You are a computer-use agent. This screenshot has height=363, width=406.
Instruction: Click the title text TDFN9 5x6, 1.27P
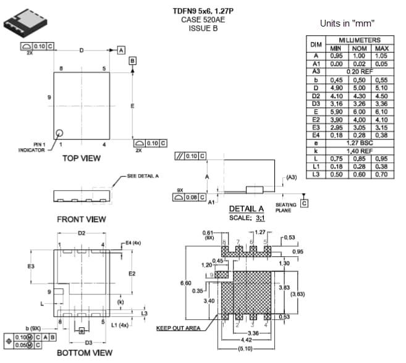pyautogui.click(x=203, y=10)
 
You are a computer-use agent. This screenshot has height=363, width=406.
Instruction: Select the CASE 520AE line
pyautogui.click(x=203, y=19)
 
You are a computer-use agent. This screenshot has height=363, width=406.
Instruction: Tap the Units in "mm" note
pyautogui.click(x=347, y=23)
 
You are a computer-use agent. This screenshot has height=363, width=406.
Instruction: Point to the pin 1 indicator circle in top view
pyautogui.click(x=61, y=133)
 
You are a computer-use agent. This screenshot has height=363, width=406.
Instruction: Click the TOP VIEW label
pyautogui.click(x=81, y=159)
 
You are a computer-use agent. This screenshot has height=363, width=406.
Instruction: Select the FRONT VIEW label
pyautogui.click(x=81, y=219)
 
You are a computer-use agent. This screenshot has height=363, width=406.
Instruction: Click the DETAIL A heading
pyautogui.click(x=246, y=209)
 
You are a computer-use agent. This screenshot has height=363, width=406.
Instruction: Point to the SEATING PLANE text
pyautogui.click(x=285, y=208)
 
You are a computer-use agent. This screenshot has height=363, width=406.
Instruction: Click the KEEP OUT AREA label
pyautogui.click(x=177, y=328)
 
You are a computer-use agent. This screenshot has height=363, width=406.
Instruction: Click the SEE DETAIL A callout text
pyautogui.click(x=143, y=176)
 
